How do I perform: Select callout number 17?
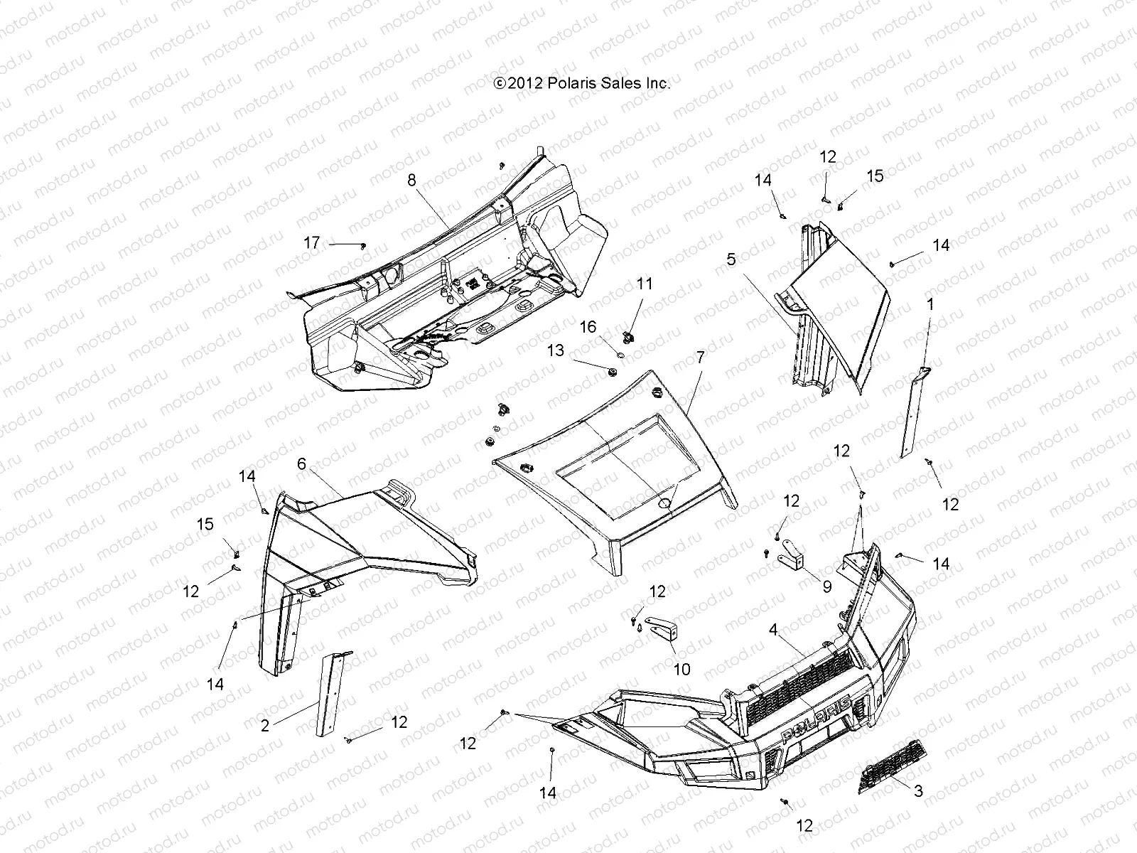312,243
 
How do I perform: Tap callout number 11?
644,284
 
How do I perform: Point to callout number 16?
588,326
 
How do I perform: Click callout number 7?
700,358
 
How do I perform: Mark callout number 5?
731,260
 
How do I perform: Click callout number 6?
302,464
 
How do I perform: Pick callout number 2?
264,726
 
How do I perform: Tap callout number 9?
826,587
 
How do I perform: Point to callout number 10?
681,670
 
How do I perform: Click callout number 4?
773,630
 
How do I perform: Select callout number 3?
918,790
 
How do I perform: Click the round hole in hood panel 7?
666,503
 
